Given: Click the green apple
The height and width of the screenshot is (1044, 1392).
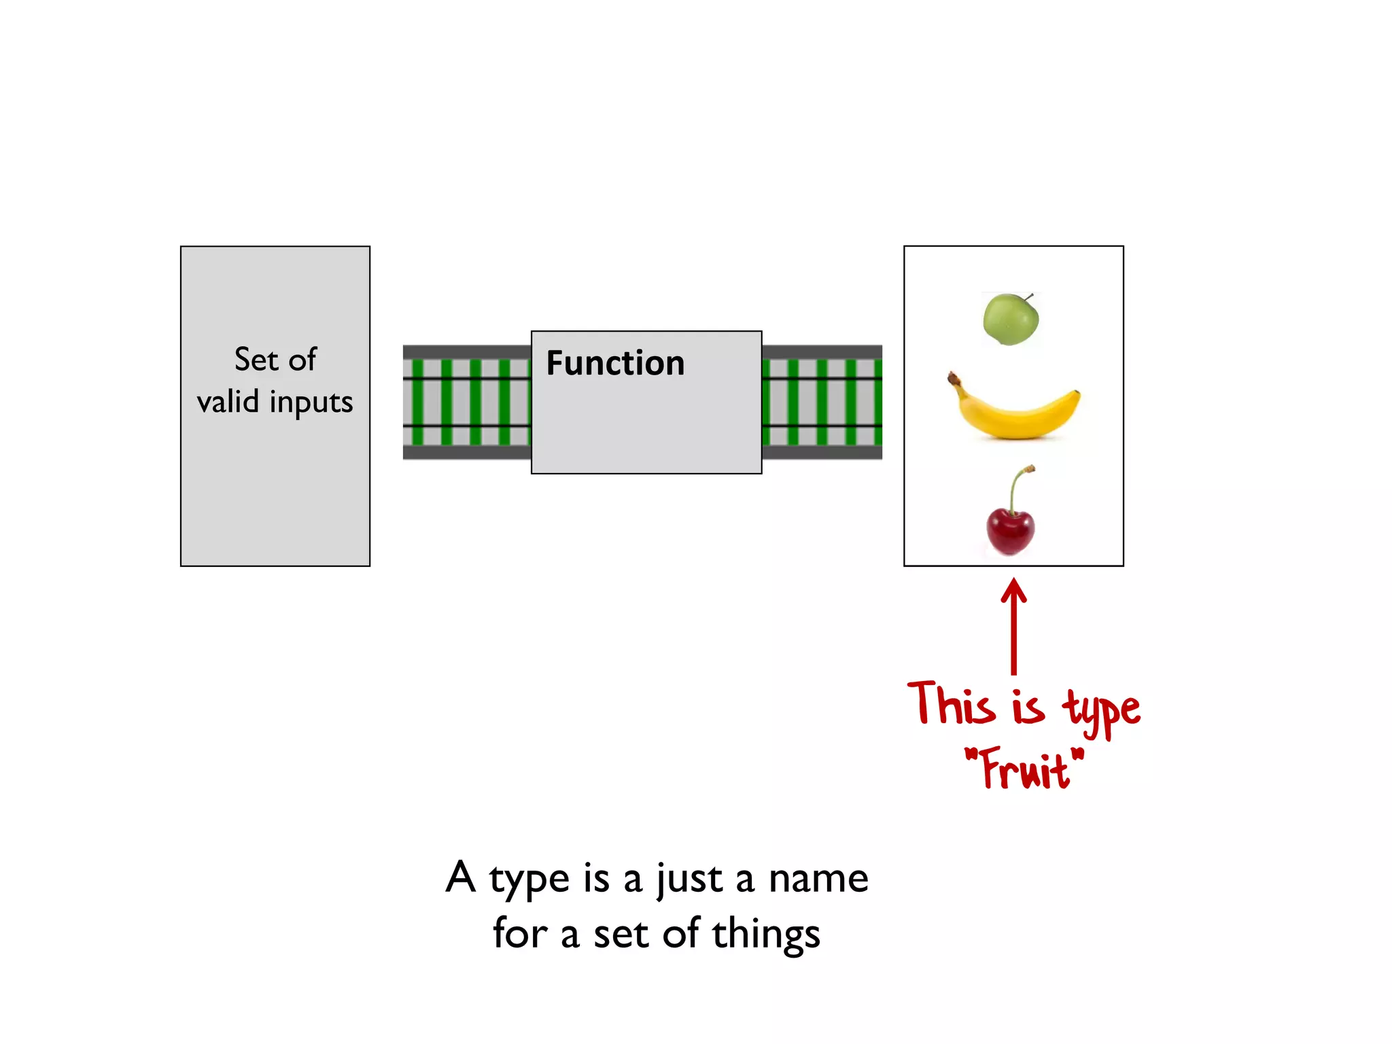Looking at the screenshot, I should (x=1011, y=319).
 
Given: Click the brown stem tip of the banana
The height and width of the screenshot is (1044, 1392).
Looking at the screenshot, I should (x=954, y=377).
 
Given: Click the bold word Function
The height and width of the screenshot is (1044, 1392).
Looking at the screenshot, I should (x=615, y=363).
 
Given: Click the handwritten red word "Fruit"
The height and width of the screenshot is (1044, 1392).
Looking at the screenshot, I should (x=1025, y=769).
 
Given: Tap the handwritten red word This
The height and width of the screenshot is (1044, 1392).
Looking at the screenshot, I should (x=951, y=704).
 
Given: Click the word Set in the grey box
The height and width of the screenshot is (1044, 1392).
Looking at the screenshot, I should (x=256, y=359).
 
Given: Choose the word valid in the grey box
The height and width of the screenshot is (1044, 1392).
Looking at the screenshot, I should (x=228, y=401).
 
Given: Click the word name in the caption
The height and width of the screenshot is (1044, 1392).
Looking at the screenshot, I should (x=818, y=879).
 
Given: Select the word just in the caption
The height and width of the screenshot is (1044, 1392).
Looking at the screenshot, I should (x=688, y=879).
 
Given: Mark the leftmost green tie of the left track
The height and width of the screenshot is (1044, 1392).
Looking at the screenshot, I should (x=417, y=402).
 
